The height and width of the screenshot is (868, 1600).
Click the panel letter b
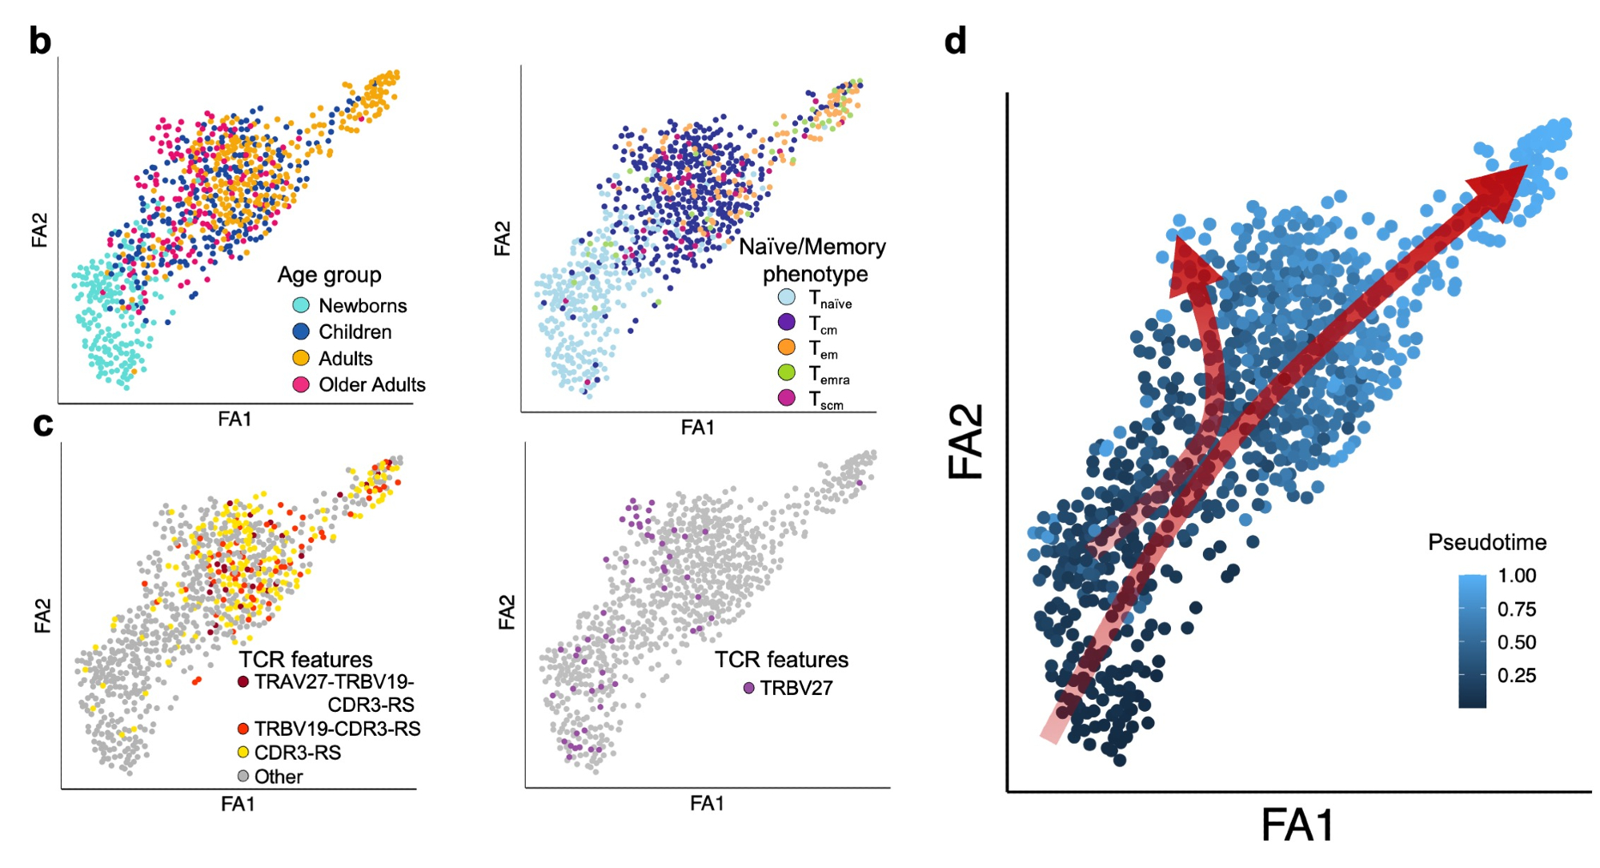(40, 42)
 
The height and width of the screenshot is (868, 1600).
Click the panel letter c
(43, 424)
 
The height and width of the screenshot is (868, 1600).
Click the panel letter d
(955, 42)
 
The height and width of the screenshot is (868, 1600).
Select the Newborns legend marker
(301, 305)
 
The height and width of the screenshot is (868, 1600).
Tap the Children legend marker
(301, 332)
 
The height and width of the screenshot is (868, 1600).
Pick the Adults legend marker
(301, 358)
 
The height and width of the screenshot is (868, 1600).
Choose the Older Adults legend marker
(301, 384)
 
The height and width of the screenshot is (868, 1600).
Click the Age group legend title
(329, 275)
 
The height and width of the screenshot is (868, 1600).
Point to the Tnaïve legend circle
(787, 298)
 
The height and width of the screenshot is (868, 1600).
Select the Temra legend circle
(787, 372)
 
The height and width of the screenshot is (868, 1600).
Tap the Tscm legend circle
(787, 397)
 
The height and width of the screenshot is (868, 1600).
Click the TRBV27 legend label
(796, 688)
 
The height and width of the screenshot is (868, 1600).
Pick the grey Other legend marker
(243, 776)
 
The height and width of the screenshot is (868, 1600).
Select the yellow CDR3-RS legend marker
(243, 752)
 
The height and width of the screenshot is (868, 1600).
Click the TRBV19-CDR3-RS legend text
(337, 729)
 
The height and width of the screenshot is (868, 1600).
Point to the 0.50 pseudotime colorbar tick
(1516, 642)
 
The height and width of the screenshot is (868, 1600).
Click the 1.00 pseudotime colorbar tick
(1516, 576)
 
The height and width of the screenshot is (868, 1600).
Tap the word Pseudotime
(1486, 542)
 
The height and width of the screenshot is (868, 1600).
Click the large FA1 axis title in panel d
(1297, 825)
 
